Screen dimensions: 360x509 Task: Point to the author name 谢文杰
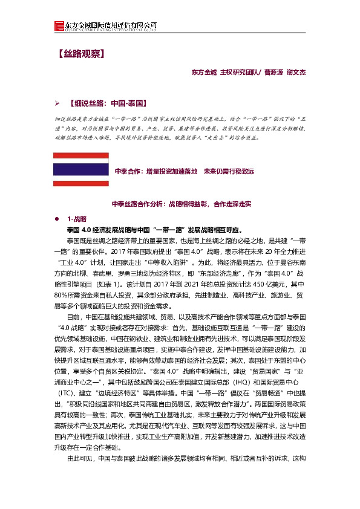coord(296,73)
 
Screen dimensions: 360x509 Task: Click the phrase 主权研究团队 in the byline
coord(239,73)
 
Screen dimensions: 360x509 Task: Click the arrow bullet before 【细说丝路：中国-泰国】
coord(57,103)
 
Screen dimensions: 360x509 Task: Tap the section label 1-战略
coord(77,218)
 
